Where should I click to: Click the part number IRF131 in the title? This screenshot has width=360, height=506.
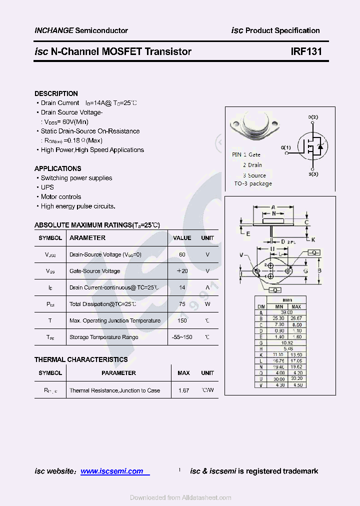tap(306, 51)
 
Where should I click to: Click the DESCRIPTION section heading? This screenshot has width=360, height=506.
tap(56, 93)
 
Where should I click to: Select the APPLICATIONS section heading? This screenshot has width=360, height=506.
tap(57, 168)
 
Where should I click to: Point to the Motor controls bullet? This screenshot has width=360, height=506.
tap(60, 197)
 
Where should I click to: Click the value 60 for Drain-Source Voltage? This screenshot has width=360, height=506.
tap(182, 254)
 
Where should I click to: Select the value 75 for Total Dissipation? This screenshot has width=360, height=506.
tap(182, 304)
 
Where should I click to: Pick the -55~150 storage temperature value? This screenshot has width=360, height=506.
tap(182, 337)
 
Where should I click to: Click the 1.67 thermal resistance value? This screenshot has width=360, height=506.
tap(183, 390)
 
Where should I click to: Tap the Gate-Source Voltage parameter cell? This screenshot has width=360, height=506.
tap(94, 271)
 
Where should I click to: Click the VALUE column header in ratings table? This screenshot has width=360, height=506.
tap(182, 238)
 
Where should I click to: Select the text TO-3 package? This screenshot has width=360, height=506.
tap(253, 183)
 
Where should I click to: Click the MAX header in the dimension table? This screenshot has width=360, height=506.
tap(296, 306)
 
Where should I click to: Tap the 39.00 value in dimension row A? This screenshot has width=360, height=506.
tap(286, 312)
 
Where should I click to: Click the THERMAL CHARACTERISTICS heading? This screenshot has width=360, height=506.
tap(81, 359)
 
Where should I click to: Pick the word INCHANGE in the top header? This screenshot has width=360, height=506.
tap(54, 30)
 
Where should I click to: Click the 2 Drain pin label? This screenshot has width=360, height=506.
tap(252, 165)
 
